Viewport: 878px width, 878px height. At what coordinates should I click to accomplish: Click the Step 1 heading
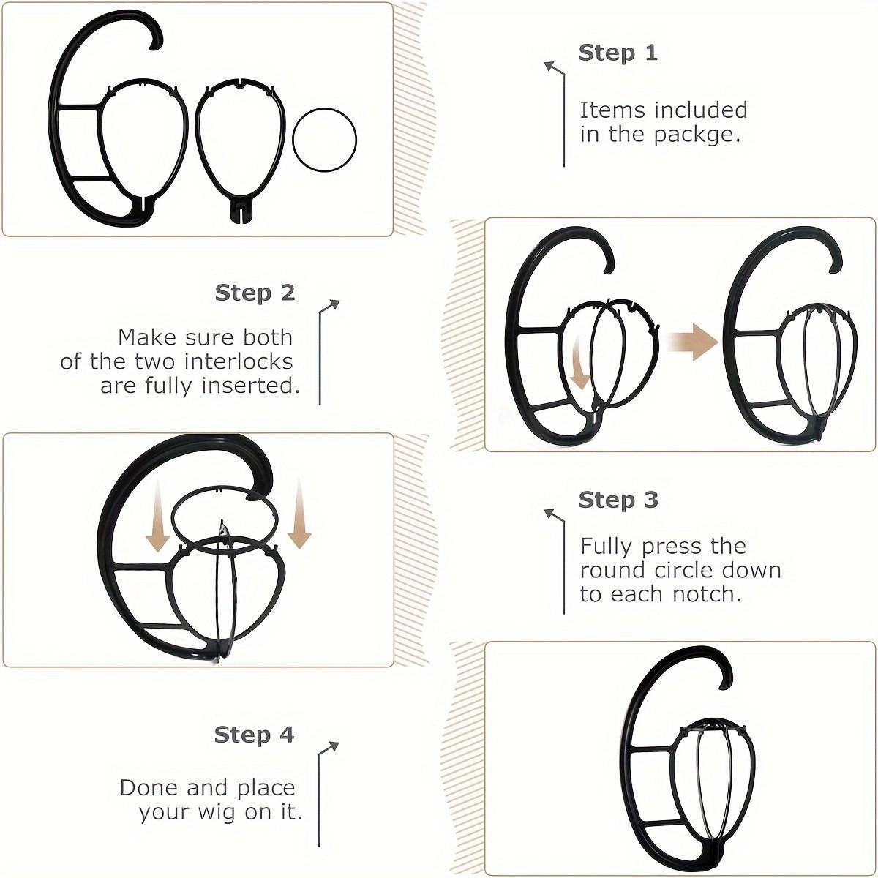click(618, 53)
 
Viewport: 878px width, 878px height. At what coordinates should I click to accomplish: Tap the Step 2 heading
click(255, 293)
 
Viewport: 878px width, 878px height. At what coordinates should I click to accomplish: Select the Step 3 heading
click(618, 500)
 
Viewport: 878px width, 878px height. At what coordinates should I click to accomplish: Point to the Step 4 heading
click(254, 735)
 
